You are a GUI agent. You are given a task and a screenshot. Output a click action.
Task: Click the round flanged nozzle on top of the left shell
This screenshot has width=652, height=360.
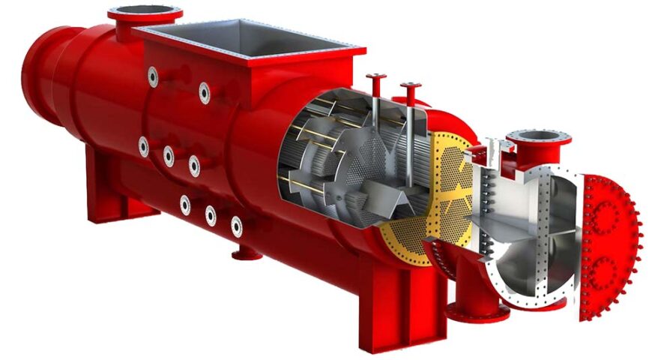[x=145, y=14]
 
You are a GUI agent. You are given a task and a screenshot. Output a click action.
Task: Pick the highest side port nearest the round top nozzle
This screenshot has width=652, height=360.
[x=153, y=76]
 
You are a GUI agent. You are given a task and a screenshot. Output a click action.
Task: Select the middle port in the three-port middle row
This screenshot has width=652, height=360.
[x=169, y=155]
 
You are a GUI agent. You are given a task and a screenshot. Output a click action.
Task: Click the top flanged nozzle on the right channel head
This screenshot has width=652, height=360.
[x=538, y=139]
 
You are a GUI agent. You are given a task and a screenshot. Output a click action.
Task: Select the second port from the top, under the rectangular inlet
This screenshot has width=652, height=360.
[x=204, y=92]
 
